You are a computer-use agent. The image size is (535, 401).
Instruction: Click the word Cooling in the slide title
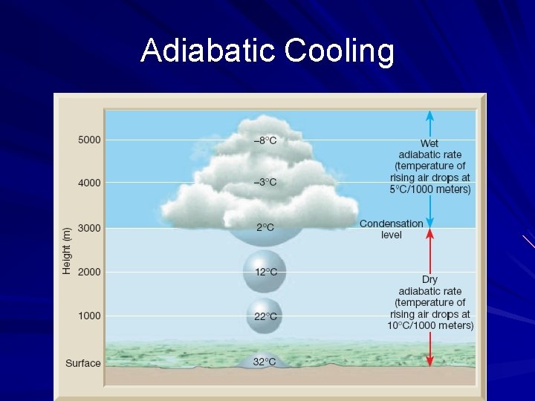point(338,51)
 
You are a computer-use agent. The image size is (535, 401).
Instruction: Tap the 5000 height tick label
point(89,140)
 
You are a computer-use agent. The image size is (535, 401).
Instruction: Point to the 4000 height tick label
point(89,183)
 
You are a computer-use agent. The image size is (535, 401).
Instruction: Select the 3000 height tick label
point(89,228)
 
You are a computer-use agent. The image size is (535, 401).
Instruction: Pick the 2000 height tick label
point(89,272)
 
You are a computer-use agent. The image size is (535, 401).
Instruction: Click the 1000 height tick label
point(89,316)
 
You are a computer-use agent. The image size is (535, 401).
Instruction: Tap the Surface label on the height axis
point(82,363)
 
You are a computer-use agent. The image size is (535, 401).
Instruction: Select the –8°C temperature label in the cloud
point(265,141)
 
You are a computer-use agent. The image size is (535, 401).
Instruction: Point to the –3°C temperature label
point(265,183)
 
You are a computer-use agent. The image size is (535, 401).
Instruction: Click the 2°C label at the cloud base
point(265,227)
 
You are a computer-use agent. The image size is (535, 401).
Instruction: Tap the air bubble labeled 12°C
point(265,273)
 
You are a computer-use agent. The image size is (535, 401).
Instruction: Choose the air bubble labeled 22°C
point(265,316)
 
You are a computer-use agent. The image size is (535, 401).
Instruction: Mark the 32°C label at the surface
point(265,362)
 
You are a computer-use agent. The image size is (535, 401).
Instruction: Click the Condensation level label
point(392,229)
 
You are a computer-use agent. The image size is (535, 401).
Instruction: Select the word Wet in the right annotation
point(429,143)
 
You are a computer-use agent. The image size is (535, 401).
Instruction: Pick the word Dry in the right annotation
point(429,279)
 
